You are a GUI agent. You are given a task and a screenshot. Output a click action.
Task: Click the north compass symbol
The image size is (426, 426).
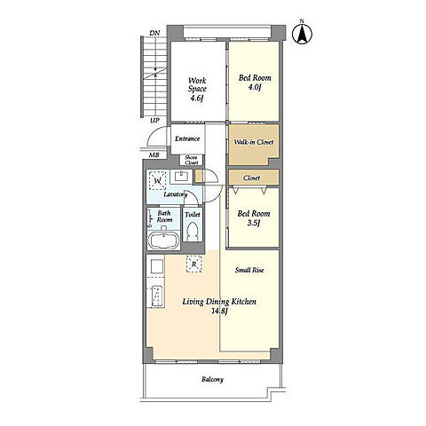pos(302,35)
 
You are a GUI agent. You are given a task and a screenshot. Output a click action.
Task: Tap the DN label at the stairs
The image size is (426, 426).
pos(154,33)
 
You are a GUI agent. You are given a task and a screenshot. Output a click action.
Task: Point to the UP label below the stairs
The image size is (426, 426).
pos(154,121)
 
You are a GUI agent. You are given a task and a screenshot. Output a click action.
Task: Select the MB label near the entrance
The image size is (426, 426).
pos(154,154)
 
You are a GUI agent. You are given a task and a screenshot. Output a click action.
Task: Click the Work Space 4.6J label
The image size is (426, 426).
pos(197,89)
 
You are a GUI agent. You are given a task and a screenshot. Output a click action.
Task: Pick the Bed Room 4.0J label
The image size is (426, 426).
pos(255,83)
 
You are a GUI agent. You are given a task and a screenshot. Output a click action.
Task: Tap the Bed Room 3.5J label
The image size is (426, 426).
pos(254,218)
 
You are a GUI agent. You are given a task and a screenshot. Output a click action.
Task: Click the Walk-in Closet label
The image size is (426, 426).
pos(254,142)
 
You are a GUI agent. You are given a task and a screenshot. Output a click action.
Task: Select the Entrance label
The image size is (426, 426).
pos(187,138)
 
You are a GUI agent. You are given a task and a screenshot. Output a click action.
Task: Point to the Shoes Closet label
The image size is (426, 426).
pos(191,160)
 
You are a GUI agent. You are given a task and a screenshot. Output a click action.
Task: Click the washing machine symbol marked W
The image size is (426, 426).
pos(158,180)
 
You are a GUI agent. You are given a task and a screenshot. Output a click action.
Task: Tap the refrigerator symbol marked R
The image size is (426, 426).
pos(194,264)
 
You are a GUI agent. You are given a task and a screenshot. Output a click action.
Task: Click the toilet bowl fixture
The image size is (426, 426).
pos(193,231)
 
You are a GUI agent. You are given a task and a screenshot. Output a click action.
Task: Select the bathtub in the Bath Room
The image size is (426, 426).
pos(163,241)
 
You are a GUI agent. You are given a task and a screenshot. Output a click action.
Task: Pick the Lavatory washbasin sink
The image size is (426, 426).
pos(181,177)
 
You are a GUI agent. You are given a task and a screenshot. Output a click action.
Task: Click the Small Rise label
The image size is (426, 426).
pos(249,270)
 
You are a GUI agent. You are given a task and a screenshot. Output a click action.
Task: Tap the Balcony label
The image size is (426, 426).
pos(212,379)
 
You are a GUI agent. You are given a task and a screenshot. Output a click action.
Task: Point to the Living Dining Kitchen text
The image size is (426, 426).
pos(219,302)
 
